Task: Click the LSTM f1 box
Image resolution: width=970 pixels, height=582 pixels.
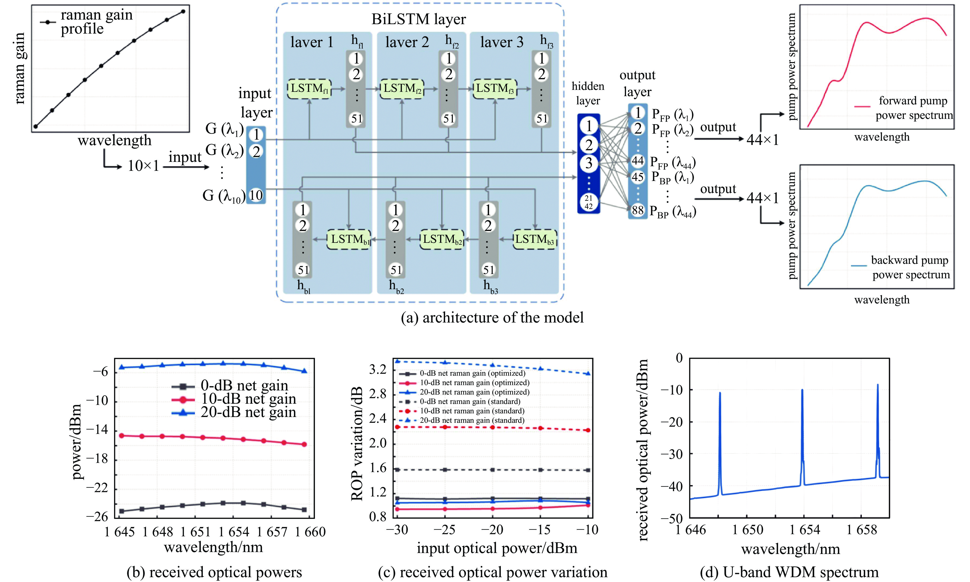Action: click(x=309, y=89)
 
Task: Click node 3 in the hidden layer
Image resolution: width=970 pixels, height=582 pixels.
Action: click(x=589, y=163)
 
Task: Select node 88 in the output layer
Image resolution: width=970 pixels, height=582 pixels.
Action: click(x=637, y=210)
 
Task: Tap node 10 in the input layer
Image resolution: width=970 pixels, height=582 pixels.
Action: click(x=256, y=195)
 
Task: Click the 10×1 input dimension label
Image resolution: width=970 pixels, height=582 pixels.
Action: click(x=143, y=166)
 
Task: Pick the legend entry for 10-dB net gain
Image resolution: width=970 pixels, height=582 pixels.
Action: click(x=248, y=399)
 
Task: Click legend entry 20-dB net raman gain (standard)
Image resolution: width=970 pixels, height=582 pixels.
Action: click(x=472, y=420)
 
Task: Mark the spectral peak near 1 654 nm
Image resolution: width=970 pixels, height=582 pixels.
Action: click(x=802, y=390)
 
